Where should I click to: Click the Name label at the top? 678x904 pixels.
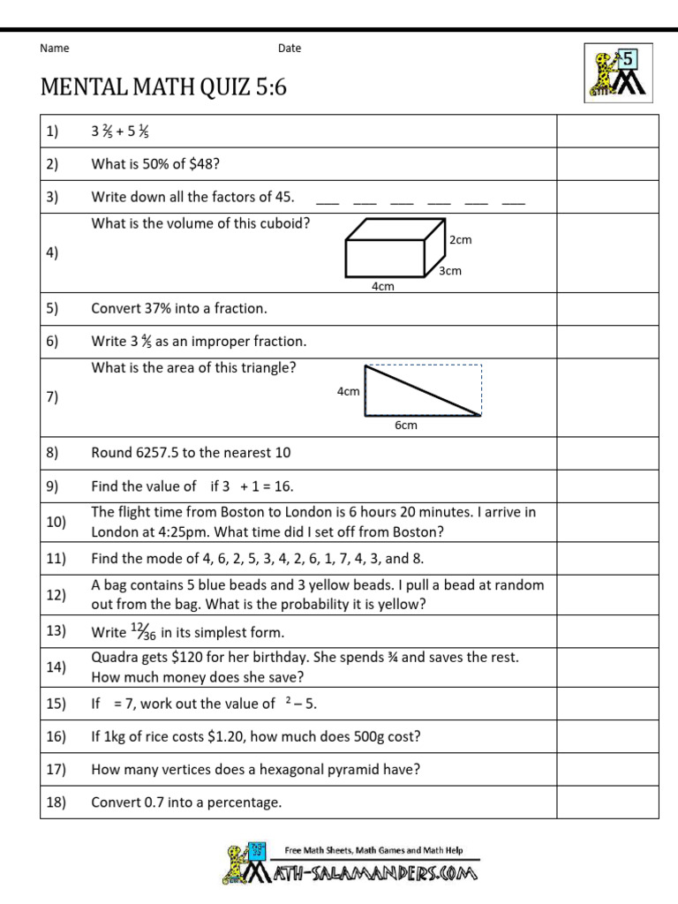point(55,49)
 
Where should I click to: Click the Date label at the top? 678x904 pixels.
point(290,49)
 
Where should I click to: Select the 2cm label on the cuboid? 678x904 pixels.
point(460,240)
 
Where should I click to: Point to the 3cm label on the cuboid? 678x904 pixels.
point(450,271)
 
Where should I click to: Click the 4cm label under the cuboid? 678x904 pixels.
point(382,286)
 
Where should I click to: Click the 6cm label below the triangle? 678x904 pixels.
point(405,426)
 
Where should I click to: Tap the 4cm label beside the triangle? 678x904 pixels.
point(349,391)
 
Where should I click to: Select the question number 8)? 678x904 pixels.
point(52,453)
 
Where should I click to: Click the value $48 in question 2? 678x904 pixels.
point(203,163)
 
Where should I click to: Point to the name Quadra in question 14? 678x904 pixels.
point(112,658)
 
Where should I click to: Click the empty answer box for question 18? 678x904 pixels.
point(606,802)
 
